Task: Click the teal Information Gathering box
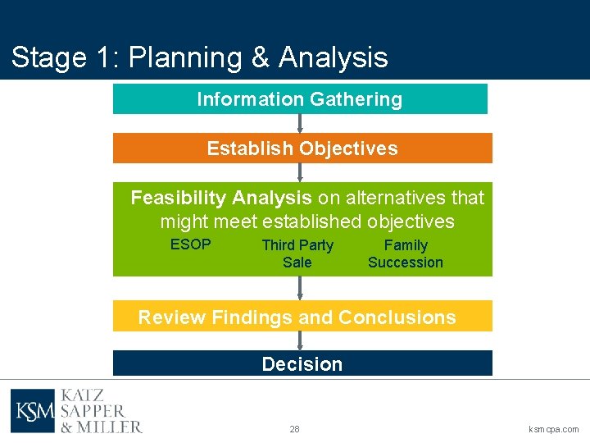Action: pyautogui.click(x=300, y=99)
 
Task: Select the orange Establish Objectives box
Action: pyautogui.click(x=302, y=148)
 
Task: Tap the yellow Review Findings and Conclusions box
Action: pyautogui.click(x=302, y=317)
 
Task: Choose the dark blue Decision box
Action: pyautogui.click(x=302, y=363)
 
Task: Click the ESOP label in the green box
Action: pyautogui.click(x=190, y=244)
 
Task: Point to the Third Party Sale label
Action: pyautogui.click(x=297, y=253)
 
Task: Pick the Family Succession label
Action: pyautogui.click(x=405, y=253)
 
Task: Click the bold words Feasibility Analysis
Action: pyautogui.click(x=221, y=198)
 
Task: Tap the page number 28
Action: pyautogui.click(x=294, y=429)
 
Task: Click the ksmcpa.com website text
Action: pyautogui.click(x=554, y=429)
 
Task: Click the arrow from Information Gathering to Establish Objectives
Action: pyautogui.click(x=301, y=123)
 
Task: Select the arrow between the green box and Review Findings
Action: pyautogui.click(x=301, y=288)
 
